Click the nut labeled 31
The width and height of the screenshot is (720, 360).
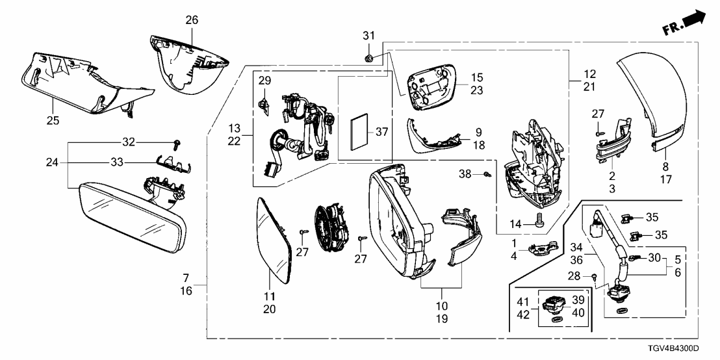coord(368,57)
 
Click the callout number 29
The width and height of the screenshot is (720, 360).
coord(264,81)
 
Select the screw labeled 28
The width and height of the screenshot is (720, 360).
coord(595,277)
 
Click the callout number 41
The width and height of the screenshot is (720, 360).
coord(522,301)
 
